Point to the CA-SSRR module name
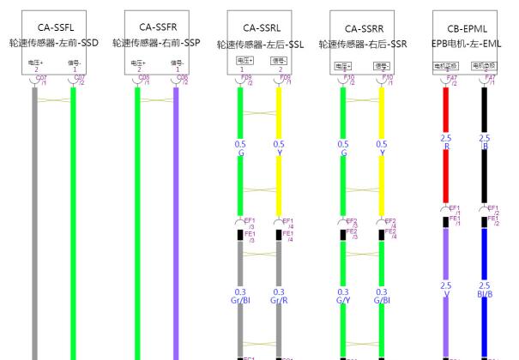(x=362, y=27)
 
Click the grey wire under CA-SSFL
(x=34, y=214)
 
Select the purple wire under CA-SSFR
(x=177, y=214)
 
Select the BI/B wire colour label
(x=485, y=294)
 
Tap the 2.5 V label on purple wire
(x=445, y=290)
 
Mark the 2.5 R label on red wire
(x=445, y=142)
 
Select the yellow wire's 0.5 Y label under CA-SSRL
(x=279, y=147)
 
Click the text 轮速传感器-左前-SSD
(x=53, y=42)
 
